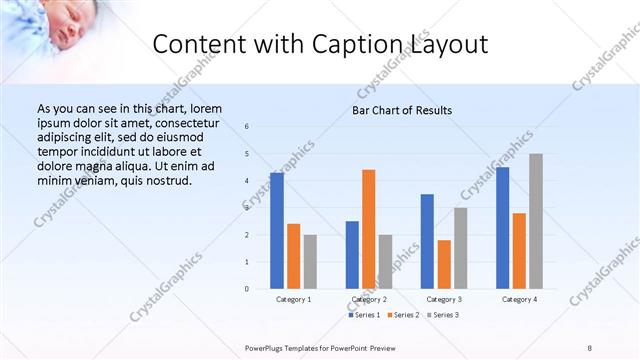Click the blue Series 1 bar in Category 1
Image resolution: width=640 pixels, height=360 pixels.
click(276, 231)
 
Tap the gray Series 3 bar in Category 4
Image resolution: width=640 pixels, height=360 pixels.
click(536, 221)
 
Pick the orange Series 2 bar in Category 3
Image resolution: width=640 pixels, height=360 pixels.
click(444, 264)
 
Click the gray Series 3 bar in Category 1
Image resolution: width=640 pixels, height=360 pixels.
click(310, 262)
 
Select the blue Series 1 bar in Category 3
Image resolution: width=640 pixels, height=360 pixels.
click(427, 241)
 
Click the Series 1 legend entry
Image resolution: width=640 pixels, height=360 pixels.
click(364, 315)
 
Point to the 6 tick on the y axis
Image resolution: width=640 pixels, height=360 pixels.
click(246, 126)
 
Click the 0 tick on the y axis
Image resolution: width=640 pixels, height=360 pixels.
click(246, 289)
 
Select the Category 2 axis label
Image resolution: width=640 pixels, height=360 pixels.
click(369, 299)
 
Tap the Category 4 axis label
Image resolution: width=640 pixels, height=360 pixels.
click(519, 299)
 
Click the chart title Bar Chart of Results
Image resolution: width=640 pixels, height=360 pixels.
click(402, 110)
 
